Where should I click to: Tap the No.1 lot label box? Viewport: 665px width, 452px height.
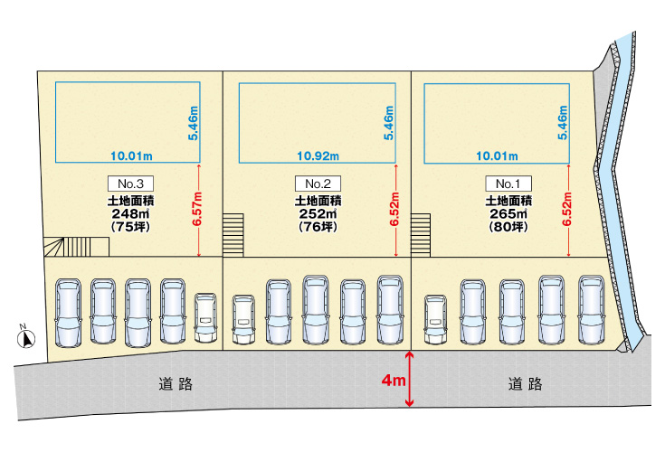point(507,183)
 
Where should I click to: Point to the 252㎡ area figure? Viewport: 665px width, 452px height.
point(316,214)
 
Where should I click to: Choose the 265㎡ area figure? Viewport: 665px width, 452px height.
point(508,214)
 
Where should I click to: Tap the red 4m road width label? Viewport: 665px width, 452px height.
point(393,381)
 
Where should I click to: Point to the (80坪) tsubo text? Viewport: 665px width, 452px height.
point(508,228)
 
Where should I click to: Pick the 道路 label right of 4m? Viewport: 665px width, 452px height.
point(525,384)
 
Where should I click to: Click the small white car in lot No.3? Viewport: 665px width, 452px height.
point(204,317)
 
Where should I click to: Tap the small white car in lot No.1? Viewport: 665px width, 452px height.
point(436,318)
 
